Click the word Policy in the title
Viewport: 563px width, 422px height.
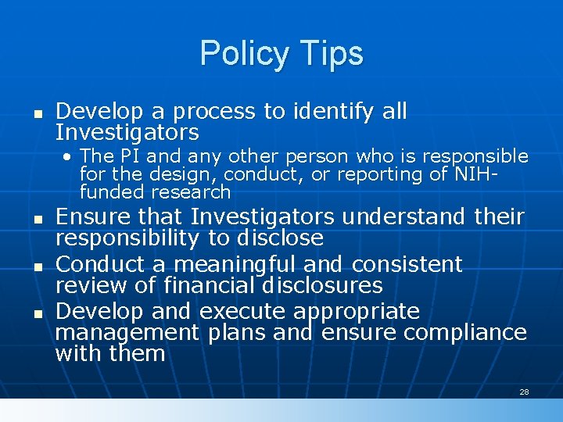[x=241, y=54]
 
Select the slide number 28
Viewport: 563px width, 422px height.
[x=524, y=392]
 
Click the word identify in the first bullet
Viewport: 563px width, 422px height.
[x=335, y=112]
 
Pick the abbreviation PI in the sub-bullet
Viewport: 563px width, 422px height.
[x=129, y=156]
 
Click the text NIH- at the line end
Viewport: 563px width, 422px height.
[x=476, y=174]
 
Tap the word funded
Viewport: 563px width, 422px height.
[x=113, y=191]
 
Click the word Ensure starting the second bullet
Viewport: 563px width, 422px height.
[x=93, y=216]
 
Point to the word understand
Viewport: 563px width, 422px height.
[x=403, y=216]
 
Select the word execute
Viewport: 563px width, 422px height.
[x=242, y=311]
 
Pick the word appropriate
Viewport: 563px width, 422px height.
[x=357, y=312]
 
